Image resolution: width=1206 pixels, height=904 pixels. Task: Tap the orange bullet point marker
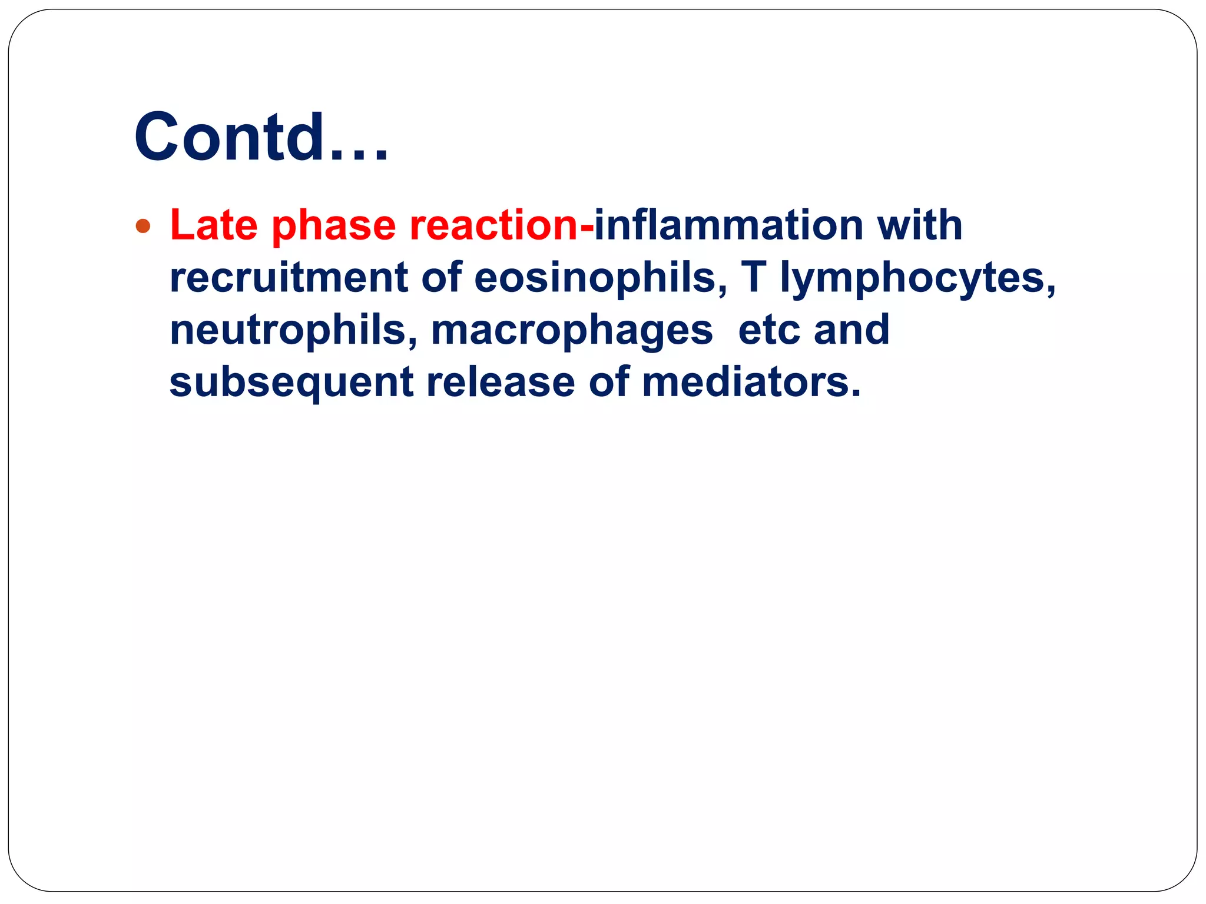(x=143, y=226)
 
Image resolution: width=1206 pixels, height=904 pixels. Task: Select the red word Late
(x=214, y=225)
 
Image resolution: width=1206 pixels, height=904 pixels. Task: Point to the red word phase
(x=334, y=226)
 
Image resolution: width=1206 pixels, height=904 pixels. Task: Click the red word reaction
(x=494, y=225)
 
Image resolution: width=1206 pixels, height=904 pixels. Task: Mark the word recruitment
(x=289, y=277)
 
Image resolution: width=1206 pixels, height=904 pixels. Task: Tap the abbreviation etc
(x=768, y=330)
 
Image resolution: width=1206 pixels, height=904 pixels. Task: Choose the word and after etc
(x=852, y=330)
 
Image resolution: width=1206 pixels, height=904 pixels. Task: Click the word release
(x=501, y=382)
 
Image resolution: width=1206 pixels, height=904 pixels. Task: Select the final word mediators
(x=751, y=382)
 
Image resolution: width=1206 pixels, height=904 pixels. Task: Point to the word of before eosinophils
(x=441, y=277)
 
